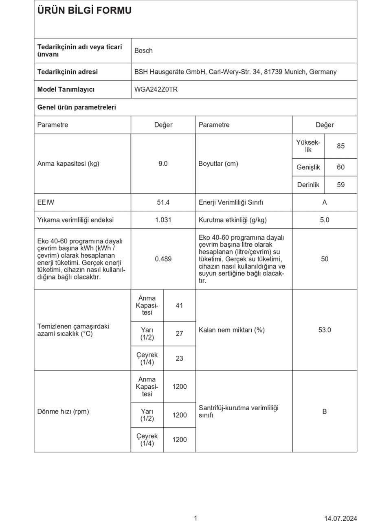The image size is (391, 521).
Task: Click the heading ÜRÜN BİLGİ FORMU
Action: point(84,11)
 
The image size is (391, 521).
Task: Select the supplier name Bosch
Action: point(143,50)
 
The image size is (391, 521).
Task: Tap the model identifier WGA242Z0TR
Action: point(156,89)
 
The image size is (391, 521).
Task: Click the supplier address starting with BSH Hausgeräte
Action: point(235,72)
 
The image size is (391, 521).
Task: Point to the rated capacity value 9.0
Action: point(163,164)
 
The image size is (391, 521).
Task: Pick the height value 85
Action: point(340,146)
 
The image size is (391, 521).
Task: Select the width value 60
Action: point(340,167)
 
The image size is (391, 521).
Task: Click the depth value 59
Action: point(340,185)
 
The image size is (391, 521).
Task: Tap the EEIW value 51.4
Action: point(163,202)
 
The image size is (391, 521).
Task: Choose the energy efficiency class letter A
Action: point(324,202)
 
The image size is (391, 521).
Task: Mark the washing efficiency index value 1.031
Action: point(163,220)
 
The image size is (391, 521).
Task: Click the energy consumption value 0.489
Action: point(163,259)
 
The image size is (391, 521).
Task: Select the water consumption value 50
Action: point(324,259)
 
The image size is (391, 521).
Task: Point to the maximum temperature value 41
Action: point(179,305)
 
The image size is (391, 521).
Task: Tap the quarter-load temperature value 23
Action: point(179,358)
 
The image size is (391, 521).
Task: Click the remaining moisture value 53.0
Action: point(324,330)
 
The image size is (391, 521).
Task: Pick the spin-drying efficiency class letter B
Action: point(324,412)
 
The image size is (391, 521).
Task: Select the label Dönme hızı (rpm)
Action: point(63,412)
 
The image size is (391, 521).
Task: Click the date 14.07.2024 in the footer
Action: point(340,518)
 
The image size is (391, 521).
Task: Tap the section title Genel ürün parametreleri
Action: point(77,107)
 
